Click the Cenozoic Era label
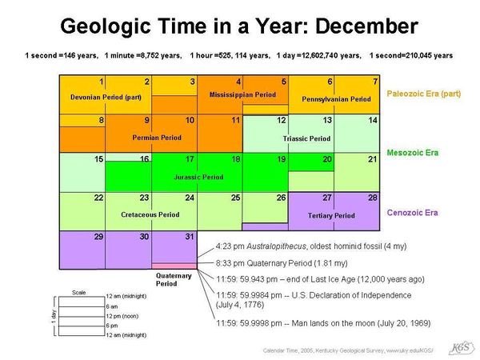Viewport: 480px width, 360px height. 412,213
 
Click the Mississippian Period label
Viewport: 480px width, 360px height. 243,94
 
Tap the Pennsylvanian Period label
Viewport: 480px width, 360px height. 336,99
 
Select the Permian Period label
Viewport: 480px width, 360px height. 156,138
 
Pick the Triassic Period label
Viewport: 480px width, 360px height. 306,138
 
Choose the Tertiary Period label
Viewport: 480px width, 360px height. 331,215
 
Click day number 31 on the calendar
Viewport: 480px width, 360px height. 189,237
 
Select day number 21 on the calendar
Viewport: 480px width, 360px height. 372,159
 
